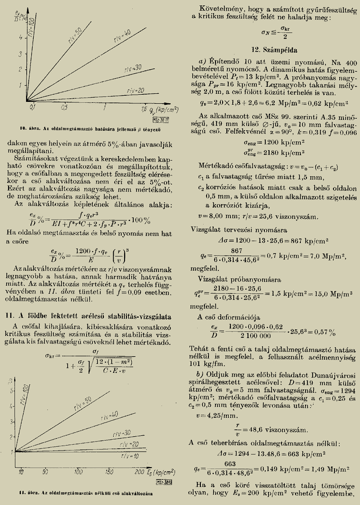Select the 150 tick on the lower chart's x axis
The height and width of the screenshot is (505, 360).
[x=108, y=472]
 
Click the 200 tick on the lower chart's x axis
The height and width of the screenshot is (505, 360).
[x=139, y=472]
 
